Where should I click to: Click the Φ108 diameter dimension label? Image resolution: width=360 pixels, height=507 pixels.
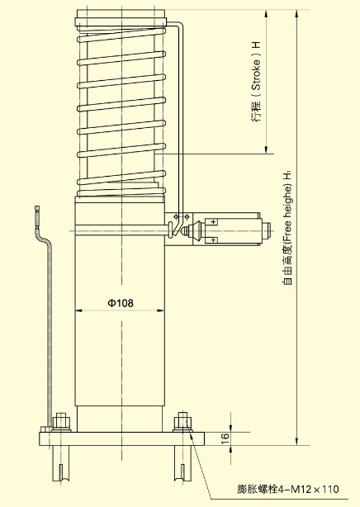tap(120, 303)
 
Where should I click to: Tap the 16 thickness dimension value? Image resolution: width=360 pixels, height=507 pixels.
tap(225, 438)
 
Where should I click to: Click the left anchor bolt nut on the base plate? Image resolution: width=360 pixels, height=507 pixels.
tap(61, 421)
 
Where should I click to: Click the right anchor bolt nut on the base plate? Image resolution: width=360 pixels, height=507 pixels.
tap(182, 421)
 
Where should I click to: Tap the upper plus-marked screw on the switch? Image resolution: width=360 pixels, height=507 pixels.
tap(213, 221)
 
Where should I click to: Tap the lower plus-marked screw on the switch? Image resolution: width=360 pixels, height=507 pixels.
tap(213, 240)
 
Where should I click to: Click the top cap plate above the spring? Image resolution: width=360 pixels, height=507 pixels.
tap(121, 18)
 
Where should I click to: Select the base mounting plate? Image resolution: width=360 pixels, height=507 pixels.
tap(122, 438)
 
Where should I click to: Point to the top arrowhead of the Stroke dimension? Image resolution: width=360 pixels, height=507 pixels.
tap(266, 13)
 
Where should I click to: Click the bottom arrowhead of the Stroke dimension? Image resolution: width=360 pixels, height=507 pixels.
tap(266, 149)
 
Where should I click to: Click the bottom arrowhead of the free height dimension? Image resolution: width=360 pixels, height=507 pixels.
tap(297, 442)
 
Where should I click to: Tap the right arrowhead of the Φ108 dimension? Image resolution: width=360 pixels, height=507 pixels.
tap(160, 310)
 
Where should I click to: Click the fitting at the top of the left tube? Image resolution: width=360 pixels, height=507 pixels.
tap(37, 209)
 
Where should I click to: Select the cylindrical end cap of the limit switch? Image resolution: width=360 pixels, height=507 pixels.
tap(267, 230)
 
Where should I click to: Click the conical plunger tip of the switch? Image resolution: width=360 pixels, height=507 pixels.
tap(187, 231)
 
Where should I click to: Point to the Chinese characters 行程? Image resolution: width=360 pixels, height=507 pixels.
tap(256, 111)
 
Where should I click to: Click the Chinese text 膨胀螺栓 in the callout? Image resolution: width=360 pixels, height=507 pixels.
tap(258, 489)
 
